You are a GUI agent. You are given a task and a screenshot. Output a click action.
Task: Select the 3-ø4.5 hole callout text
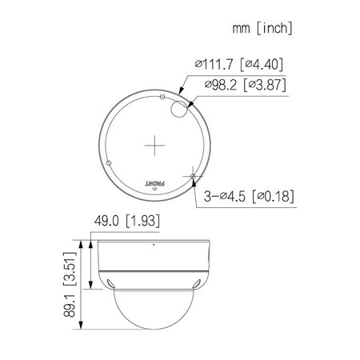(x=226, y=194)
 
